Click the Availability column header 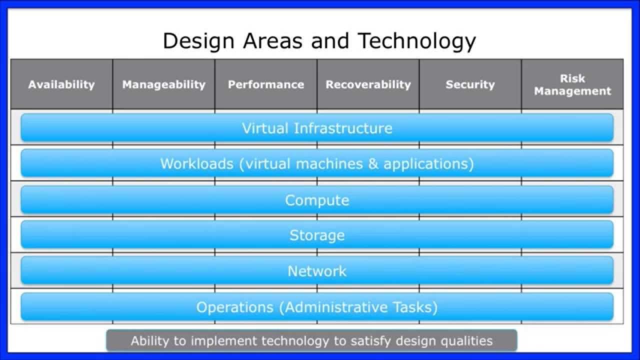click(x=61, y=84)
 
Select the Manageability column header click(x=164, y=84)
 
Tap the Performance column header click(x=266, y=84)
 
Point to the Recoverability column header click(x=368, y=84)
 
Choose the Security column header click(x=470, y=84)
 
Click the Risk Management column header click(x=572, y=84)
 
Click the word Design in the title click(x=198, y=41)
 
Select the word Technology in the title click(x=417, y=41)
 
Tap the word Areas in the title click(x=273, y=41)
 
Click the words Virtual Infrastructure click(x=317, y=128)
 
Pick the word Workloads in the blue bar click(x=196, y=163)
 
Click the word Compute click(x=317, y=200)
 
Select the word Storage click(x=317, y=235)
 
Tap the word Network click(x=317, y=271)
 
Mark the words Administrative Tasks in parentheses click(x=358, y=307)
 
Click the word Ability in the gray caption click(x=146, y=341)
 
